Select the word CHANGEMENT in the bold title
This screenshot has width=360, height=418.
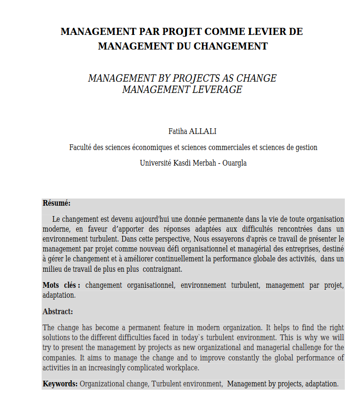(230, 46)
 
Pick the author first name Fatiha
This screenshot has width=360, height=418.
(178, 131)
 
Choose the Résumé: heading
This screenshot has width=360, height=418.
(57, 203)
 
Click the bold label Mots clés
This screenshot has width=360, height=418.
(61, 285)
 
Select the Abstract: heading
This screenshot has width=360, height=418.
(58, 311)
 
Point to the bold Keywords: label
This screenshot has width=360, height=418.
(60, 384)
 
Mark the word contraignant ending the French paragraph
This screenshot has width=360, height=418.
(162, 269)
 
